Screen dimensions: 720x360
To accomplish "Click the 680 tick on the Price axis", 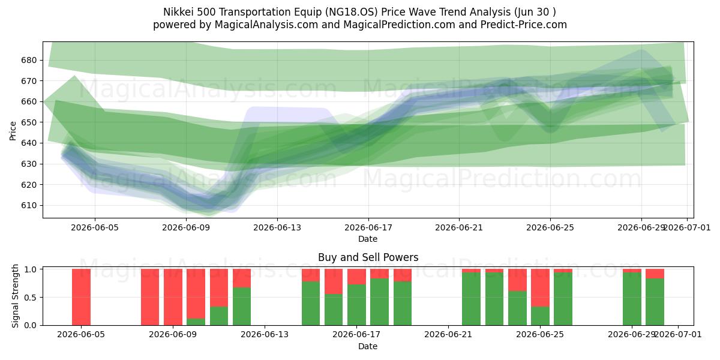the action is pyautogui.click(x=29, y=60).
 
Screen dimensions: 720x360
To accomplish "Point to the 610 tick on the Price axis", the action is pyautogui.click(x=29, y=205).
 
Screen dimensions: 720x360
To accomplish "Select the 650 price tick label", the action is pyautogui.click(x=29, y=122).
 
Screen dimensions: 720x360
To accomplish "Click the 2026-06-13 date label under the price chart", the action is pyautogui.click(x=277, y=227).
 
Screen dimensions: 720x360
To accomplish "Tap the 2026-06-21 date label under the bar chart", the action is pyautogui.click(x=448, y=334).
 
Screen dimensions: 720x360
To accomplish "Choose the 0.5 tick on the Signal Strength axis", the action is pyautogui.click(x=31, y=298).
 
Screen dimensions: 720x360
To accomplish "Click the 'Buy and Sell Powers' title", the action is pyautogui.click(x=368, y=257).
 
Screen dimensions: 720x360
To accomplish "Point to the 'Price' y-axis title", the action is pyautogui.click(x=13, y=131).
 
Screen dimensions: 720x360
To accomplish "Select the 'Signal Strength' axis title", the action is pyautogui.click(x=15, y=296).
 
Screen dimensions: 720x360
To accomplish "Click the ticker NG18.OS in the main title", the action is pyautogui.click(x=352, y=12).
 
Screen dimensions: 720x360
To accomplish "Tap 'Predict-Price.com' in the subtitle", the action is pyautogui.click(x=524, y=25).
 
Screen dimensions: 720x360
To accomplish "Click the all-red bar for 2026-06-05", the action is pyautogui.click(x=82, y=297).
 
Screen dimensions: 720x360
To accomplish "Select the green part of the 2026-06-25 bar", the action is pyautogui.click(x=541, y=316).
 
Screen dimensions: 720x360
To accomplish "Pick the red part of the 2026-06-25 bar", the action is pyautogui.click(x=541, y=287).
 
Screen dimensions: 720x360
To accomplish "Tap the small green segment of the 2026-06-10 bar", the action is pyautogui.click(x=196, y=322).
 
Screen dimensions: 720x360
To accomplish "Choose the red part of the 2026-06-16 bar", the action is pyautogui.click(x=334, y=281).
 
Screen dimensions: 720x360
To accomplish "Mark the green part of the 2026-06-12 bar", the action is pyautogui.click(x=242, y=307).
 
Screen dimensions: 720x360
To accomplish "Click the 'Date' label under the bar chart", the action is pyautogui.click(x=368, y=346).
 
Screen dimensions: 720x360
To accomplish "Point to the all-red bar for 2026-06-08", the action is pyautogui.click(x=150, y=297).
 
